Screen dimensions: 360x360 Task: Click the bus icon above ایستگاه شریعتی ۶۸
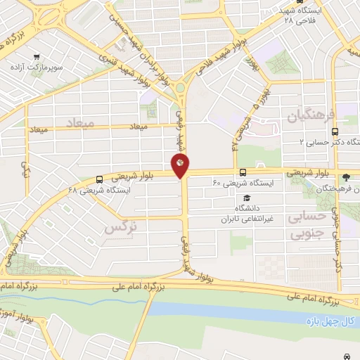99,179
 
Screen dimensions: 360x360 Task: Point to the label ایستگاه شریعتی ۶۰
246,182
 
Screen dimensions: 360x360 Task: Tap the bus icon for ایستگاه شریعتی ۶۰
243,172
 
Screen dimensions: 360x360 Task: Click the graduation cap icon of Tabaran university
240,198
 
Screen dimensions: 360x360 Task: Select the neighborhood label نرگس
119,228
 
